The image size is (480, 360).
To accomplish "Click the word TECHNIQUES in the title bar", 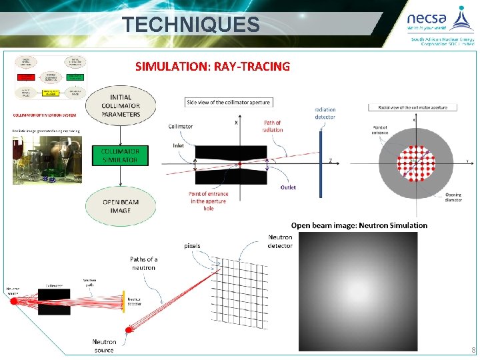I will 191,25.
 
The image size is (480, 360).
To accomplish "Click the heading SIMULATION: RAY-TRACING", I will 213,67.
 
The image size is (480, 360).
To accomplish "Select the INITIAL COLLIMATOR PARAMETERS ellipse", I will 121,105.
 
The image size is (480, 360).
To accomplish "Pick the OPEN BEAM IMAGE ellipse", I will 121,206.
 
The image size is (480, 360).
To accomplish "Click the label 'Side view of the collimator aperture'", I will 229,102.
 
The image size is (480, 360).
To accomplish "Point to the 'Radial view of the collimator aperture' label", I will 408,107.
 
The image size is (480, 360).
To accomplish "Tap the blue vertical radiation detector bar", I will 320,164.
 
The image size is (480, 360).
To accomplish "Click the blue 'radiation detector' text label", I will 325,113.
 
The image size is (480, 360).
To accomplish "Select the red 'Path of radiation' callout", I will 273,126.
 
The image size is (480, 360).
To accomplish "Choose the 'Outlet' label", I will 288,187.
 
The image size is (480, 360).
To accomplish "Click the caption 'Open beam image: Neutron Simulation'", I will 359,225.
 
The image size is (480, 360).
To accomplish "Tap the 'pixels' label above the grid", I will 192,245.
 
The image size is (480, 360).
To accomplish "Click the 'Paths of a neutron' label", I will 143,263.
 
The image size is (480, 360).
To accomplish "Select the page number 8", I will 473,351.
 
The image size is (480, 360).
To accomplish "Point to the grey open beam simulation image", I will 358,291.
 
